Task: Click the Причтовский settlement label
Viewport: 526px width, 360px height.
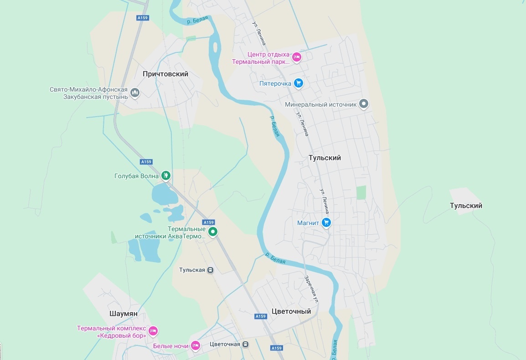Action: tap(165, 74)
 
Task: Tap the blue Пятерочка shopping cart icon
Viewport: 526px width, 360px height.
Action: tap(299, 83)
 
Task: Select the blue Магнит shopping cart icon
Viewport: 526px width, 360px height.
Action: tap(326, 222)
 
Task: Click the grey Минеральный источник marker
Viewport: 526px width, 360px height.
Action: tap(363, 104)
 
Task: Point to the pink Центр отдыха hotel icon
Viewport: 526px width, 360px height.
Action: tap(296, 57)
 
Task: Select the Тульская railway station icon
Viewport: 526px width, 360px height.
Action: tap(210, 270)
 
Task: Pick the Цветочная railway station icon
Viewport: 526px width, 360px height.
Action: tap(246, 344)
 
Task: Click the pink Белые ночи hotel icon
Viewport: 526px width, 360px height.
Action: tap(195, 345)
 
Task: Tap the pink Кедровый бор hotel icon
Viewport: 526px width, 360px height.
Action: tap(153, 330)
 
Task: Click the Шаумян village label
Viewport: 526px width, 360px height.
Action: tap(124, 314)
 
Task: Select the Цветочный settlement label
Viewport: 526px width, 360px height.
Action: tap(291, 311)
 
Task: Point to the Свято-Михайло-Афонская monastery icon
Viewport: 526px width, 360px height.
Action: tap(135, 93)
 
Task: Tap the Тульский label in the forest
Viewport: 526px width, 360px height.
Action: tap(466, 206)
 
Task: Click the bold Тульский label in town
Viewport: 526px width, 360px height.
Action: tap(325, 158)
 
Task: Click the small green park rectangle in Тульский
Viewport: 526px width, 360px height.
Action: tap(361, 193)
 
